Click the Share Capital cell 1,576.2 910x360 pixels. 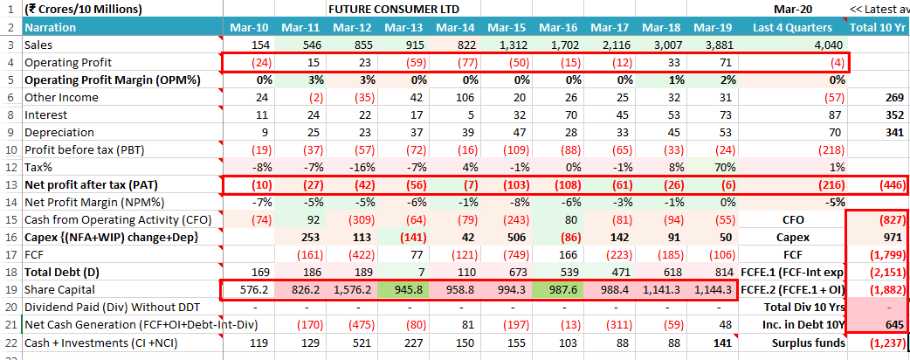[352, 289]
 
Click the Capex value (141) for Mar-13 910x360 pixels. [407, 237]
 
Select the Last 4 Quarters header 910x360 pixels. [793, 27]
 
